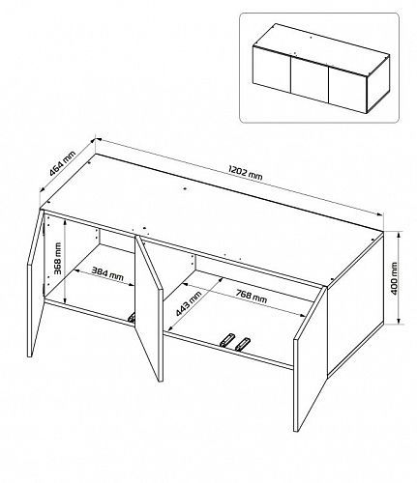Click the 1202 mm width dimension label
(x=245, y=173)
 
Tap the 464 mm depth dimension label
(x=63, y=164)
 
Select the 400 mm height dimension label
(x=394, y=278)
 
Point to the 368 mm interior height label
(x=58, y=258)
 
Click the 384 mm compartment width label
(x=107, y=273)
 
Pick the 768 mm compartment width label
(x=252, y=297)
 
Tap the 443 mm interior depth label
(x=189, y=303)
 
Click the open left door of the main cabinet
(x=35, y=283)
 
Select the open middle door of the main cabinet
(x=148, y=308)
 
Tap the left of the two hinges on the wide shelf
(x=226, y=340)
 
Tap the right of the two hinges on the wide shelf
(x=243, y=344)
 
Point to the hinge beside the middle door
(x=132, y=317)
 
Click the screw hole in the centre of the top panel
(x=185, y=188)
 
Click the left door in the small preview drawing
(x=272, y=69)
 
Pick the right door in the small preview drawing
(x=347, y=90)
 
